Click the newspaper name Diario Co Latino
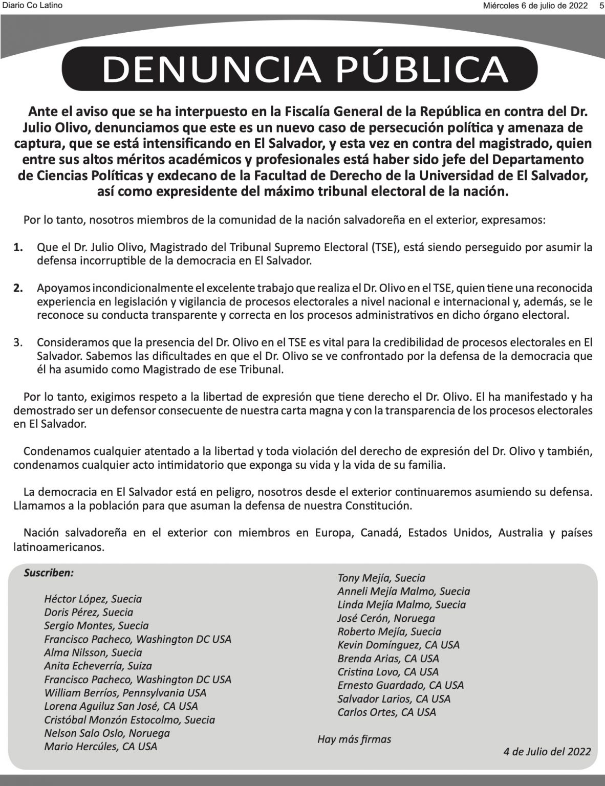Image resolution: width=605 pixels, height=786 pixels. point(32,6)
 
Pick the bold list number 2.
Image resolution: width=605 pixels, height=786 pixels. point(18,288)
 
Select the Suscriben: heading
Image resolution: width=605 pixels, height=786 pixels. point(49,573)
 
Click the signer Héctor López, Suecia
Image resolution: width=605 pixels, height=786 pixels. point(93,599)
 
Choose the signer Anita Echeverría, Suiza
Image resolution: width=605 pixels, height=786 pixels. point(98,666)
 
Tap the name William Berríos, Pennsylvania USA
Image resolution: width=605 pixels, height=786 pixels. point(125,693)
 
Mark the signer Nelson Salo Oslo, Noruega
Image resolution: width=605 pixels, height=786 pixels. point(106,733)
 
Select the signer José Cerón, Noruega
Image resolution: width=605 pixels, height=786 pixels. point(386,618)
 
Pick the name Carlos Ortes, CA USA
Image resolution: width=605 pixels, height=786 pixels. point(386,712)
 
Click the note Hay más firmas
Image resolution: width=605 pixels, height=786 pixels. point(354,739)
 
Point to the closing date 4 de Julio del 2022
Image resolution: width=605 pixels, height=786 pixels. point(547,752)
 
